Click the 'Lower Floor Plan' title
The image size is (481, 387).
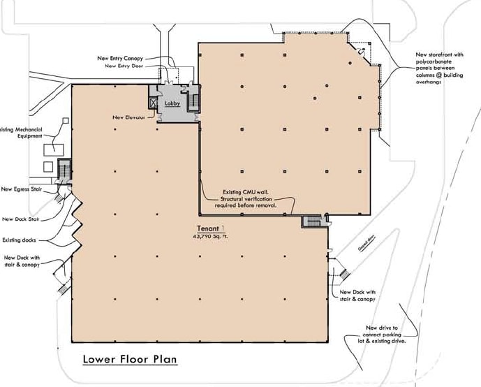(129, 360)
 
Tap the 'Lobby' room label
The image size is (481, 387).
(172, 103)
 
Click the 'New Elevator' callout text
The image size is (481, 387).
(128, 117)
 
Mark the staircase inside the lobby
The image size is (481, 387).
(193, 98)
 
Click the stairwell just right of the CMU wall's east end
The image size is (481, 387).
(310, 221)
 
